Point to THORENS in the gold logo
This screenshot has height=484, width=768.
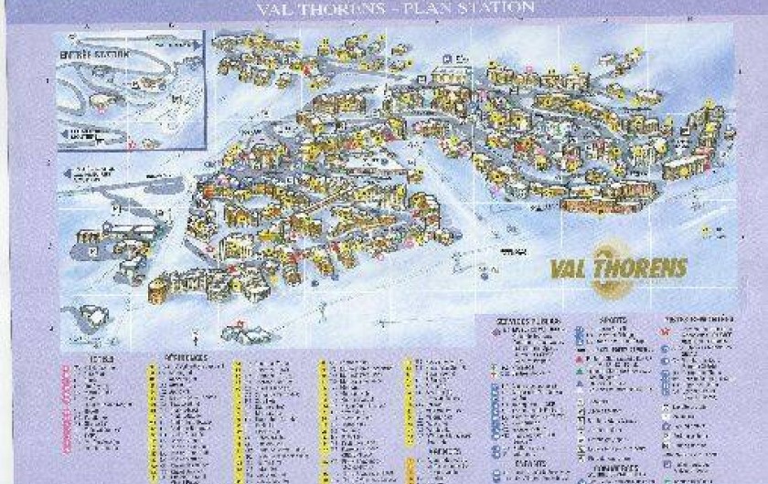point(642,268)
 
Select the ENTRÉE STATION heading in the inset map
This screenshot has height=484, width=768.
point(83,52)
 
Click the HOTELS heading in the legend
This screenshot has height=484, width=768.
point(99,359)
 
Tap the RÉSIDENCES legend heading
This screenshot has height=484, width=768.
point(187,358)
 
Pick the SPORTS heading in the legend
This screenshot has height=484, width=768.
point(613,321)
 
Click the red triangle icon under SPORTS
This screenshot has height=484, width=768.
point(582,361)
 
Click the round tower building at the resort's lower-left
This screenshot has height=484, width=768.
point(158,289)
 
